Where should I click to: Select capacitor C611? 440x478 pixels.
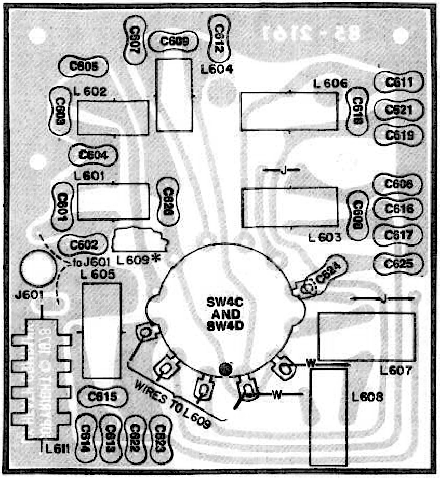click(399, 83)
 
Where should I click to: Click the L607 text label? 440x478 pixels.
click(396, 372)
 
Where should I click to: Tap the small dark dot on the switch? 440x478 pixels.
click(225, 369)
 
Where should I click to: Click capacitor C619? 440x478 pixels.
click(399, 135)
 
